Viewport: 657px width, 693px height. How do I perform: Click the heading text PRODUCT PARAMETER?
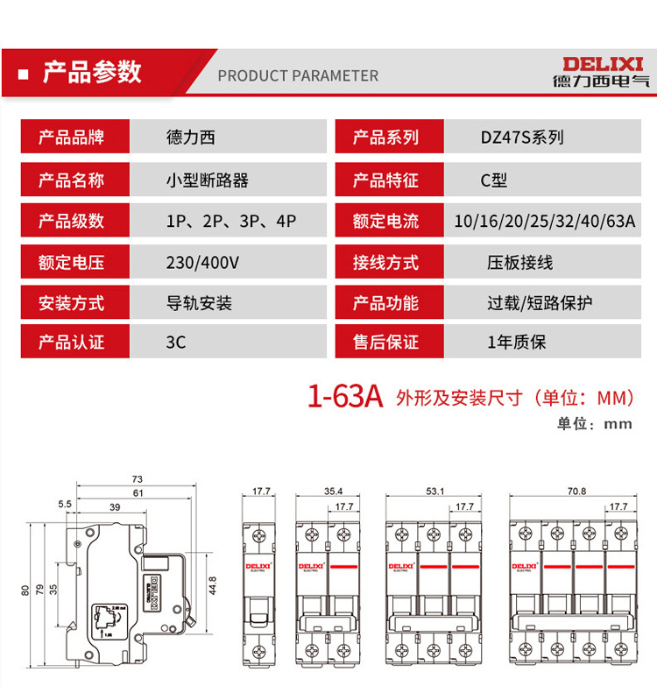tap(298, 75)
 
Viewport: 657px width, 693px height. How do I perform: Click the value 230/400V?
tap(202, 262)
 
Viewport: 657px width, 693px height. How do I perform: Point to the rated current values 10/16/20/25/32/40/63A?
tap(545, 221)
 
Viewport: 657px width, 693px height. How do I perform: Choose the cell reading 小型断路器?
tap(207, 180)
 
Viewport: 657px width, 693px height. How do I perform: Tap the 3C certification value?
tap(175, 343)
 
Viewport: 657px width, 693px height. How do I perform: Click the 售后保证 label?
tap(385, 343)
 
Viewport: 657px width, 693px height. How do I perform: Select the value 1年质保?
tap(516, 343)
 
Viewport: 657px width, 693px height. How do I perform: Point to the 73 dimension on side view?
tap(137, 480)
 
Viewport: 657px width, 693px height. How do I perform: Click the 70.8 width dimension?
tap(576, 491)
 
